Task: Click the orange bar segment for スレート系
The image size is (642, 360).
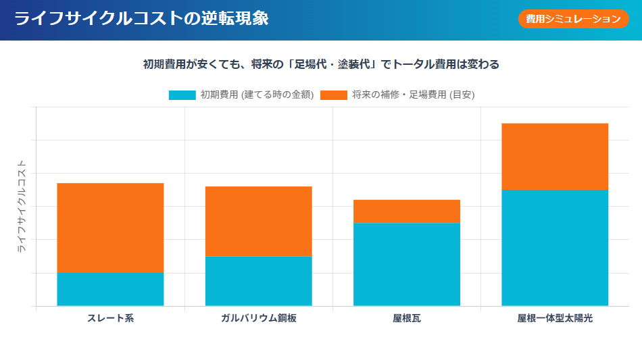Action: point(110,228)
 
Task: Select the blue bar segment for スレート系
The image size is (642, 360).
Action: point(110,289)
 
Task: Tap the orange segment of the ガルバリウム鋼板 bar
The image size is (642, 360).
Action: point(258,221)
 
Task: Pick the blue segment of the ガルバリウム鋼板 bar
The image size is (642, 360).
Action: point(258,281)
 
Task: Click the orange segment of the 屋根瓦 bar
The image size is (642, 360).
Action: point(407,211)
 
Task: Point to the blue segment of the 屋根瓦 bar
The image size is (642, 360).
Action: point(407,264)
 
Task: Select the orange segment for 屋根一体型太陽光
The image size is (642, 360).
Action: point(555,157)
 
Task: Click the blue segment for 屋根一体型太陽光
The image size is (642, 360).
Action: point(555,248)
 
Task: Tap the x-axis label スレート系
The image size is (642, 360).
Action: point(110,318)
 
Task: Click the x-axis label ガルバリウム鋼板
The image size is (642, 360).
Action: point(258,318)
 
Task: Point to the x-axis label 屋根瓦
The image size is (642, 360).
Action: point(407,318)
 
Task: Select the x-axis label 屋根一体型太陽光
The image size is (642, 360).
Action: point(555,318)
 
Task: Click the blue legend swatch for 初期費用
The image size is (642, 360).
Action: point(182,95)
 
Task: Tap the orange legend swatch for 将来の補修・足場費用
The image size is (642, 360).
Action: point(333,95)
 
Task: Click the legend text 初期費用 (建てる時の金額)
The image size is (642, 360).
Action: point(257,95)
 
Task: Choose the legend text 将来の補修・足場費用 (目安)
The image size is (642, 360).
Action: point(413,95)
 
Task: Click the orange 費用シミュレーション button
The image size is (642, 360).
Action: point(573,19)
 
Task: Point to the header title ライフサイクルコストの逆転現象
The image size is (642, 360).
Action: point(141,19)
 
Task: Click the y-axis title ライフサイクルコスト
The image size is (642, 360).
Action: point(21,206)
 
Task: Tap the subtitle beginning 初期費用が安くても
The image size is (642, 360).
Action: point(321,65)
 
